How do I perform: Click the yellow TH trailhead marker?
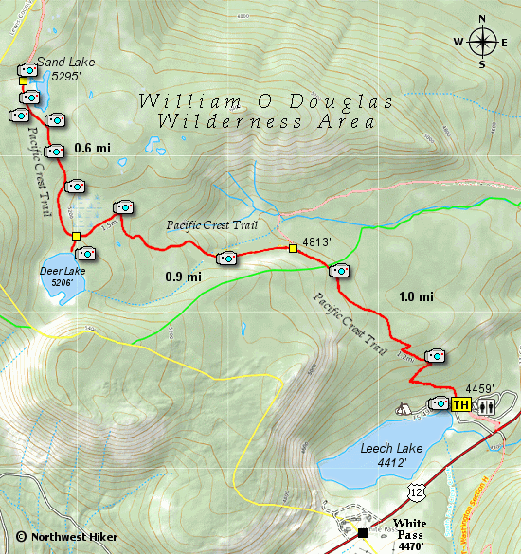point(461,404)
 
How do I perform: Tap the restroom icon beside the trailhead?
point(486,404)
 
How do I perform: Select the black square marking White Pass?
point(363,532)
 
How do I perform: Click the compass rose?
point(483,41)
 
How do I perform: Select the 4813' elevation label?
point(316,241)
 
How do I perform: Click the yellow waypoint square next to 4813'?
point(293,249)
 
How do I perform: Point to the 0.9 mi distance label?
point(184,277)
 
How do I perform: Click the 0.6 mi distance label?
point(93,147)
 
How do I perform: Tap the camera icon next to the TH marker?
point(440,403)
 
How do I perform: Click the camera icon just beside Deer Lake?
point(85,252)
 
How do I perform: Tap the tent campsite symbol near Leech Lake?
point(402,410)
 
